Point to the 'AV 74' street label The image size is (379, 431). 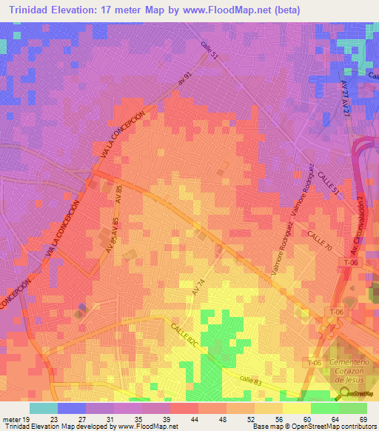[x=197, y=287]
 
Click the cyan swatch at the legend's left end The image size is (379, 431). [x=43, y=408]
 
